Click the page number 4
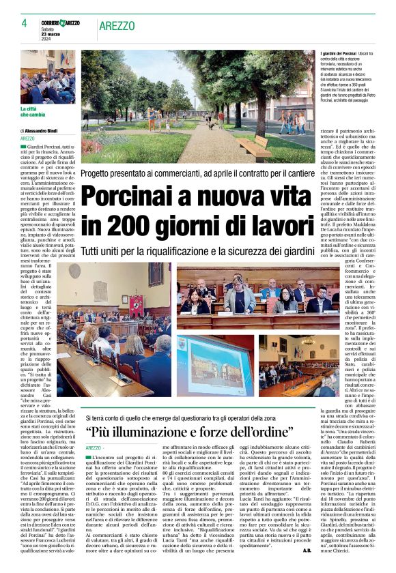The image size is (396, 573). pyautogui.click(x=23, y=23)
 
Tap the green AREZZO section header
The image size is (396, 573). pyautogui.click(x=117, y=26)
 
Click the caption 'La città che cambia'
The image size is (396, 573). pyautogui.click(x=33, y=111)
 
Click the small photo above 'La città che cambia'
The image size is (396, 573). pyautogui.click(x=48, y=76)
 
